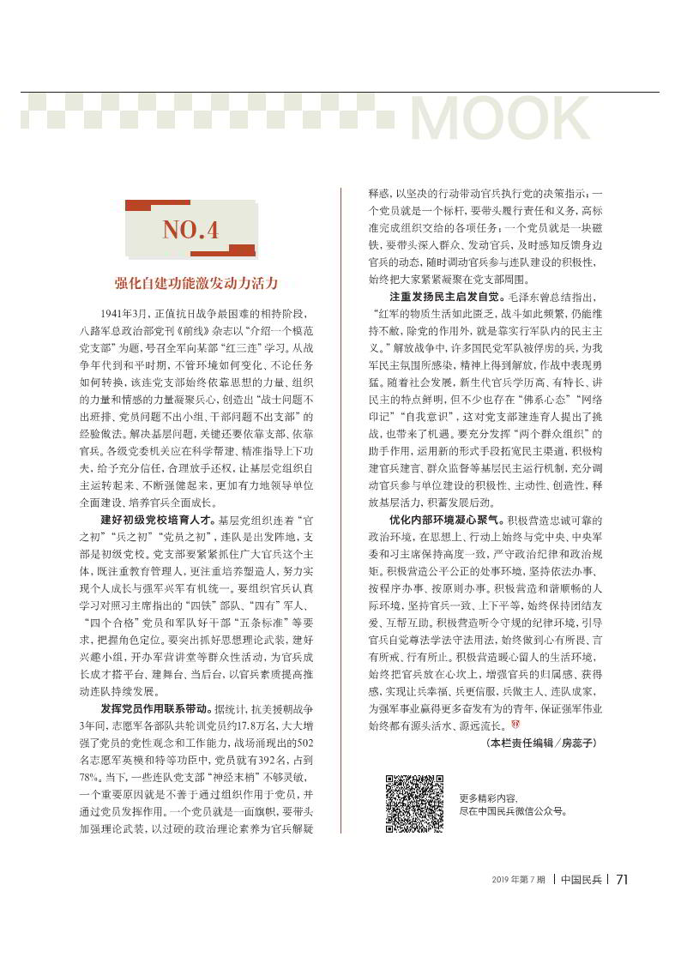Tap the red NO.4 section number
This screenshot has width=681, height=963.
pyautogui.click(x=190, y=230)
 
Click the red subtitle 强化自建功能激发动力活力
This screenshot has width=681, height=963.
pyautogui.click(x=196, y=282)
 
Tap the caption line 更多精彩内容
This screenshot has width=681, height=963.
pyautogui.click(x=489, y=797)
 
